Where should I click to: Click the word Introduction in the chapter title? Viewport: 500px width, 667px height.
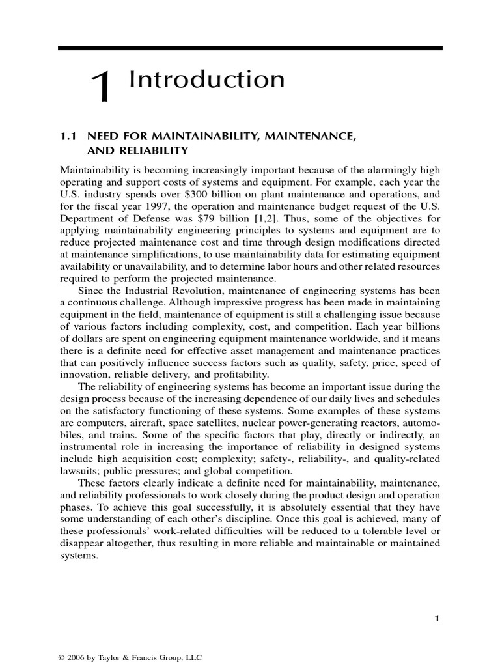click(206, 80)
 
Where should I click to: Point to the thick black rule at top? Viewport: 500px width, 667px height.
click(250, 48)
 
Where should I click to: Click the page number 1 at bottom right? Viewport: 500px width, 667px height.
click(437, 619)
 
